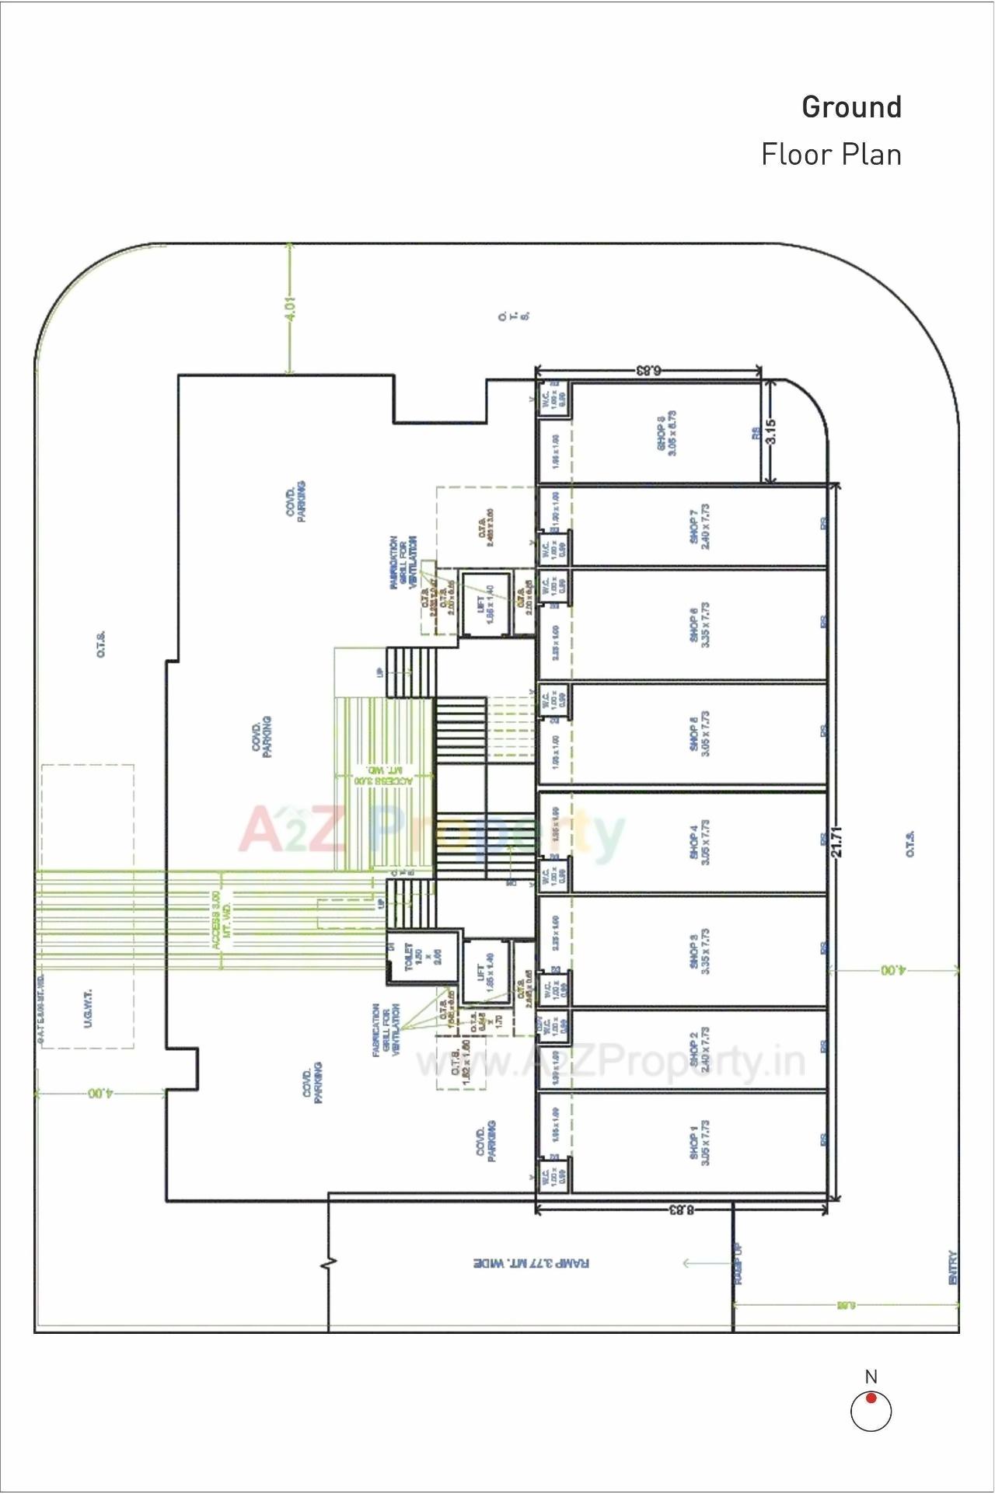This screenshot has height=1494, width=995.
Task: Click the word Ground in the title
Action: (851, 107)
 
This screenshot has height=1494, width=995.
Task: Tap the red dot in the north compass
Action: (871, 1398)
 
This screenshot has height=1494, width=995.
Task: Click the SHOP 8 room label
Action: (667, 434)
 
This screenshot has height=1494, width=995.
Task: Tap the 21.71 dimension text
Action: (836, 842)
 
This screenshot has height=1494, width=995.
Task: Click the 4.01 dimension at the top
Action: (290, 309)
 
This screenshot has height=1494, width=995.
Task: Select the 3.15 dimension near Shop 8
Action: (770, 431)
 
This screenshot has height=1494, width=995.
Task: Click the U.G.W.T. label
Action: (88, 1008)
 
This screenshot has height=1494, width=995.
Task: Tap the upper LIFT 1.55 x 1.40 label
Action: (484, 604)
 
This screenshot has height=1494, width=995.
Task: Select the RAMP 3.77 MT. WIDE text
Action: (531, 1264)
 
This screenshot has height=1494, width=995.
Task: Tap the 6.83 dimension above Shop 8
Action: (648, 371)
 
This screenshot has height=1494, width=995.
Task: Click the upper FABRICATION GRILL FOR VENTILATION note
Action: (403, 562)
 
